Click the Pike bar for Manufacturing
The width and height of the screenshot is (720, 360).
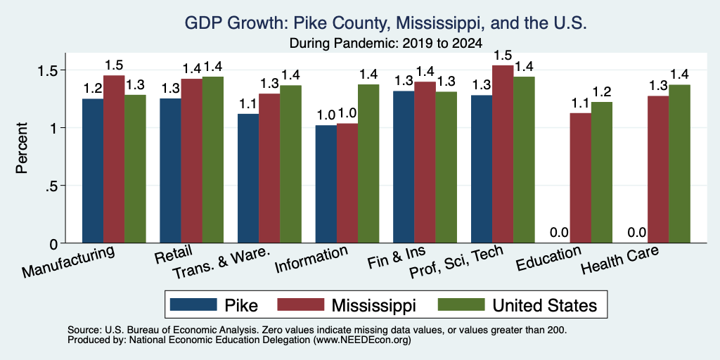(93, 171)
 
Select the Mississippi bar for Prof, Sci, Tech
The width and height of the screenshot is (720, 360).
(503, 154)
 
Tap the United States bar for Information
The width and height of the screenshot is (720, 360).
(368, 163)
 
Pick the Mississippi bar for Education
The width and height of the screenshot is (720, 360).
(580, 178)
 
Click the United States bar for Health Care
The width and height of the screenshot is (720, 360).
(680, 164)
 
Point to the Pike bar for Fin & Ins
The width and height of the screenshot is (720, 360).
(404, 167)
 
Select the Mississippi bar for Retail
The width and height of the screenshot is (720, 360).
(191, 161)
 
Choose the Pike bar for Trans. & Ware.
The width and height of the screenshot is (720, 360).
(248, 178)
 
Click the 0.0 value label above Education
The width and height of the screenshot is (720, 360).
(559, 233)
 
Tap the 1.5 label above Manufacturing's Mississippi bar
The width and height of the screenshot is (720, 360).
(114, 65)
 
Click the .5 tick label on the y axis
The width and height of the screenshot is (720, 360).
(53, 186)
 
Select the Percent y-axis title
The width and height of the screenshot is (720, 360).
(22, 148)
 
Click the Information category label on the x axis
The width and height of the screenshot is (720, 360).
(310, 259)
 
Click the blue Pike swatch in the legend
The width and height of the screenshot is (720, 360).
(193, 304)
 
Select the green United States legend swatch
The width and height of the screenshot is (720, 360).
(461, 304)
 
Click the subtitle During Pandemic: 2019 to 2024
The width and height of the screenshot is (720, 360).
(386, 44)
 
